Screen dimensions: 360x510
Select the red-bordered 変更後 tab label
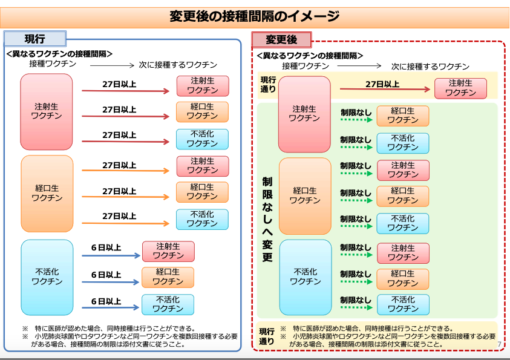281,41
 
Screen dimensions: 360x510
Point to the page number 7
500,344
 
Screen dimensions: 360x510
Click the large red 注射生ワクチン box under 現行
47,111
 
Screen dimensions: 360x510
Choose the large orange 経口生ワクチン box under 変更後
305,195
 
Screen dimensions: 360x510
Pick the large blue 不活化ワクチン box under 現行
47,277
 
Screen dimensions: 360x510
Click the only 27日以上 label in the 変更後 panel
382,84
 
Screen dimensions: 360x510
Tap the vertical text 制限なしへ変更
267,218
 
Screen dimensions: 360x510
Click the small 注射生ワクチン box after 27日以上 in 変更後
460,88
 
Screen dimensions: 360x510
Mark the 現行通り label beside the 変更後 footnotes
267,336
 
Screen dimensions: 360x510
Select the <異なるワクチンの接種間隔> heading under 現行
59,54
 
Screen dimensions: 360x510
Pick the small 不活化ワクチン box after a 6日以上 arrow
168,304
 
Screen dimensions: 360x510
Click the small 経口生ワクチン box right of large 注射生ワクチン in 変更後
402,116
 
